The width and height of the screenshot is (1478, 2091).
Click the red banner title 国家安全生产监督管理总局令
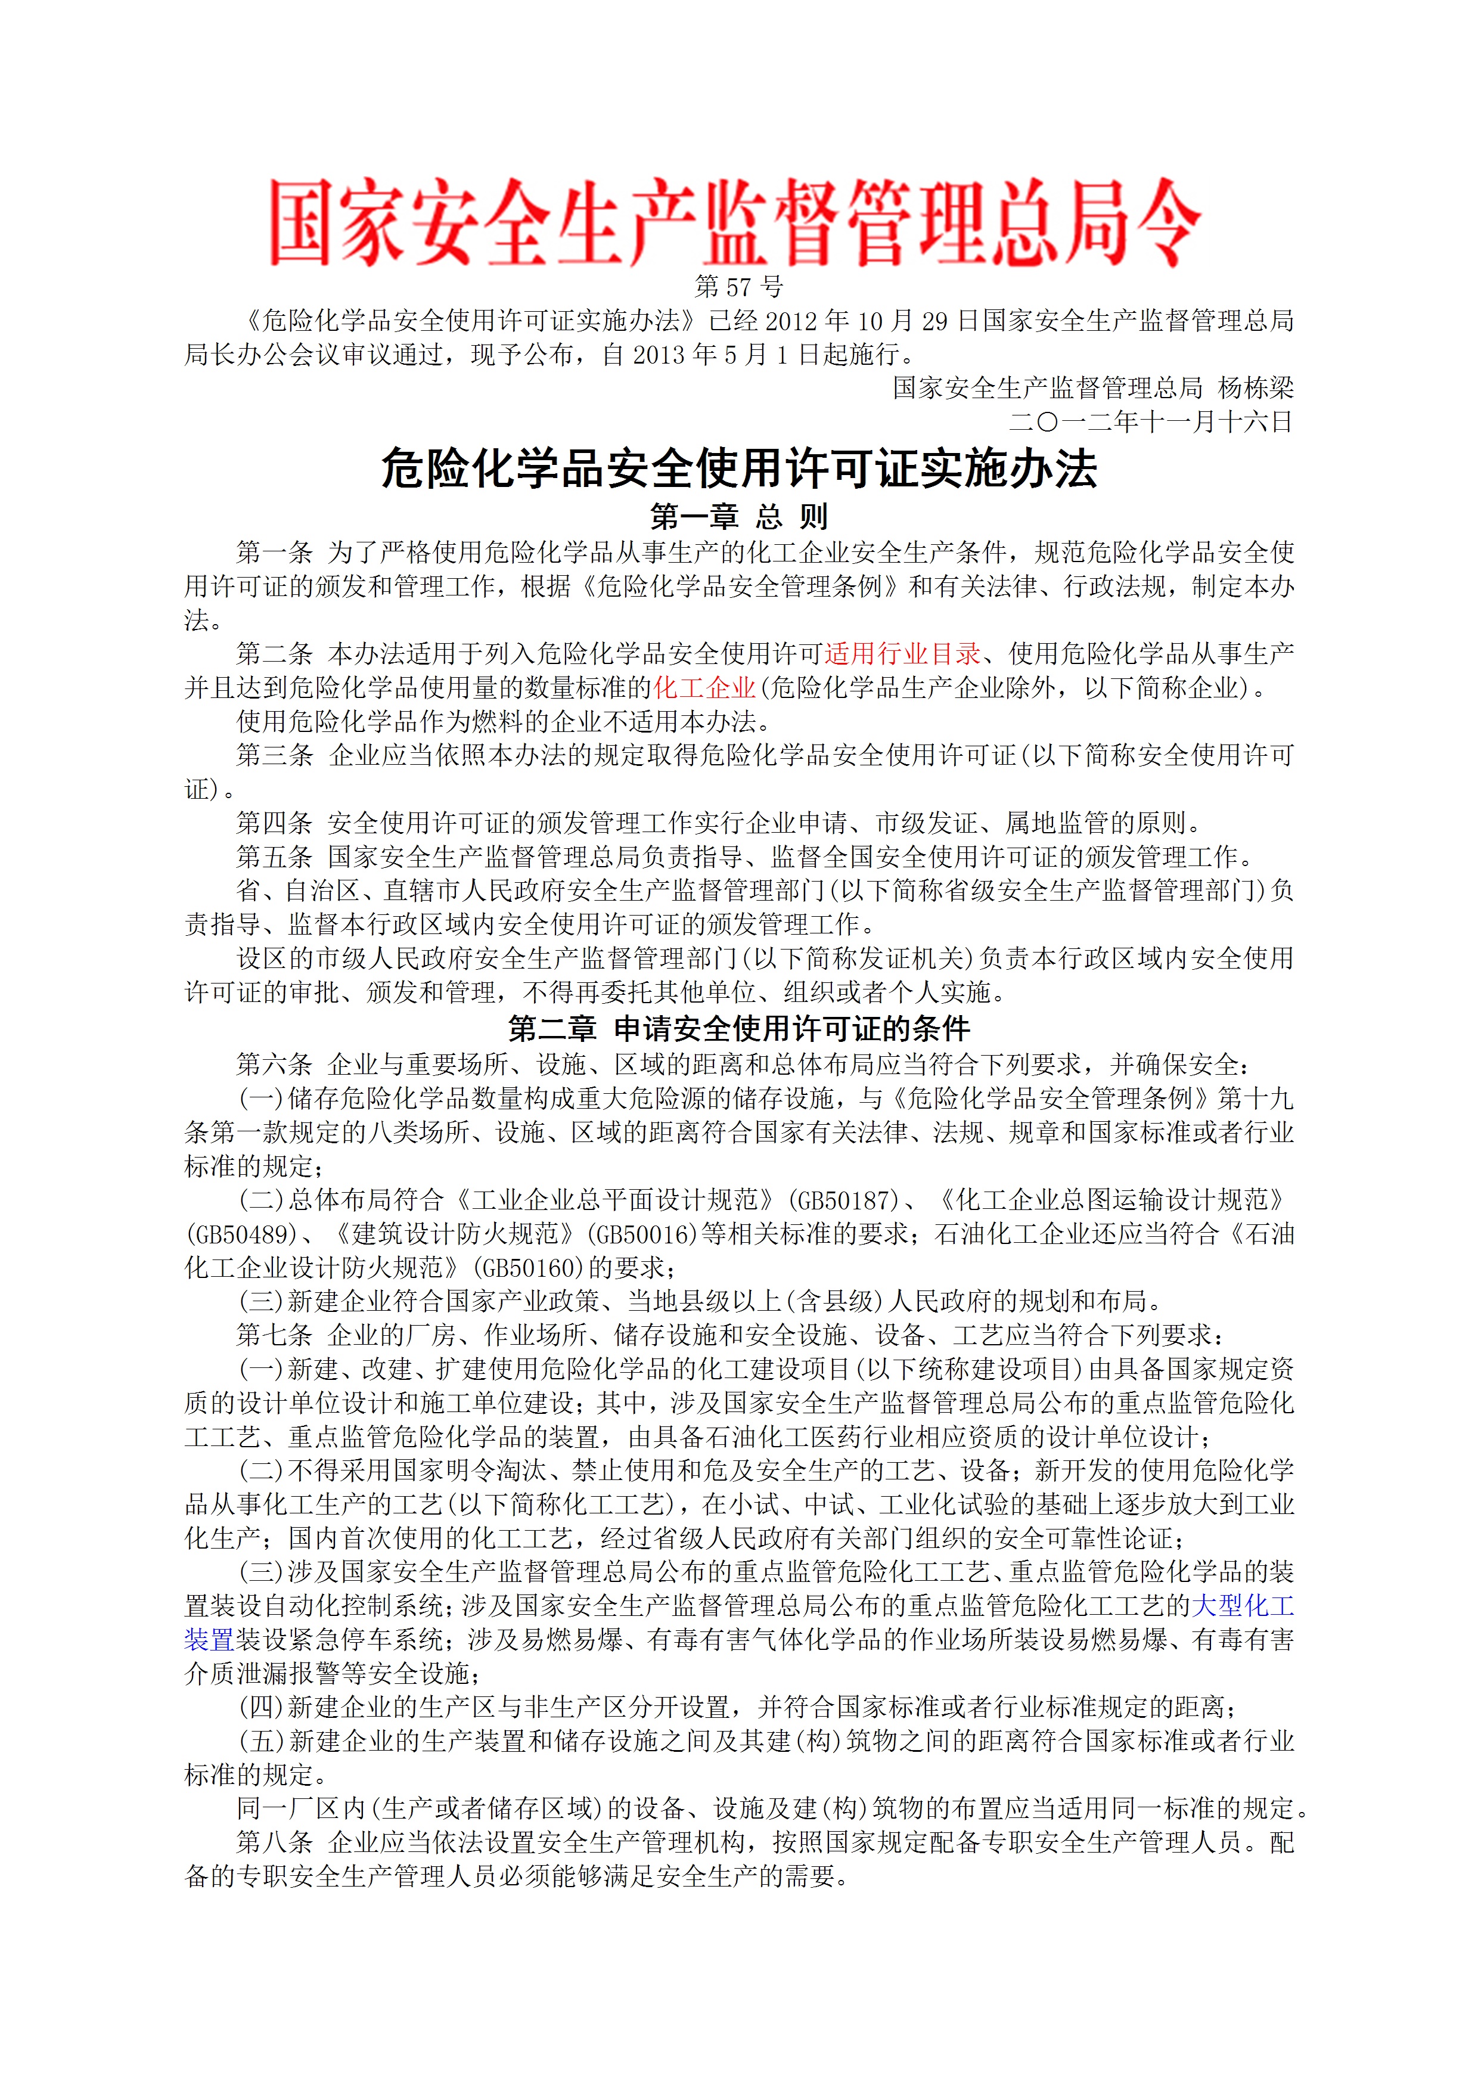pos(736,223)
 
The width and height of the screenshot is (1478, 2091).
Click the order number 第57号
pos(738,287)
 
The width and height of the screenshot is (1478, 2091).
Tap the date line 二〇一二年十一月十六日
pos(1151,421)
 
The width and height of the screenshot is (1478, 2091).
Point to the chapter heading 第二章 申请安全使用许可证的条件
pos(738,1029)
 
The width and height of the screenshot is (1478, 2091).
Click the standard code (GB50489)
pos(241,1233)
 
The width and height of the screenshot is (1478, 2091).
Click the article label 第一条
pos(274,552)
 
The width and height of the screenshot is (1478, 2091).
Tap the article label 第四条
pos(274,823)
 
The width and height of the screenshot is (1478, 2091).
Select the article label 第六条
pos(274,1064)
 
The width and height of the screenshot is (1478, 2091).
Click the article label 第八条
pos(274,1842)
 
